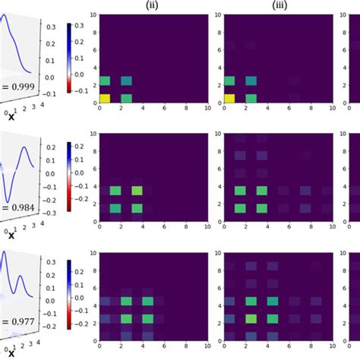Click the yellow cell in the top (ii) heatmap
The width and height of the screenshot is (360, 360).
104,98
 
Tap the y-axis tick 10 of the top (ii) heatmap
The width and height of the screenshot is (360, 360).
93,14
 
